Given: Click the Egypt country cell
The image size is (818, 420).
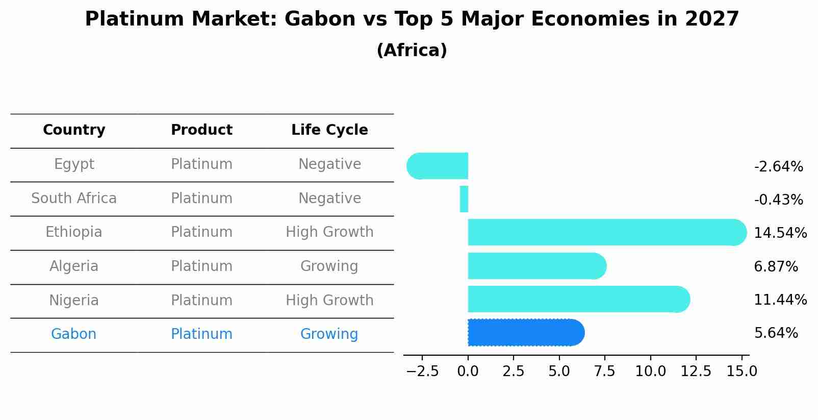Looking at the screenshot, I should [74, 164].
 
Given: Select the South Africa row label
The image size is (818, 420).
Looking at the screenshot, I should [74, 199].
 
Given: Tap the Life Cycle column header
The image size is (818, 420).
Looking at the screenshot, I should [329, 130].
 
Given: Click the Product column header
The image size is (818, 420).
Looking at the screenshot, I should [201, 130].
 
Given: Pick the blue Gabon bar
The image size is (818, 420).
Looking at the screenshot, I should [525, 333].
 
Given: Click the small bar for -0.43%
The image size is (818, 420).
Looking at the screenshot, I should [464, 199].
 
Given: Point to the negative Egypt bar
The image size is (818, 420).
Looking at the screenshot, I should [439, 166].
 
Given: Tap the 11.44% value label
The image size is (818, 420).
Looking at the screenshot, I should [780, 300].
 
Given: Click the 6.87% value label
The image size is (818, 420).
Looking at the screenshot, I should [776, 266].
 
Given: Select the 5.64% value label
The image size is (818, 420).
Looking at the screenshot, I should [776, 333].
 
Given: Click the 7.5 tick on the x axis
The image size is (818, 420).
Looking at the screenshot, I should [604, 372].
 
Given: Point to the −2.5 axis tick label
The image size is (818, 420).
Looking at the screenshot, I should [422, 372].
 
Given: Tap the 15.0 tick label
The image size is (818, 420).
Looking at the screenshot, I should [742, 372].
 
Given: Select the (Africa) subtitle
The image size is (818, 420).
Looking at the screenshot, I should [412, 51].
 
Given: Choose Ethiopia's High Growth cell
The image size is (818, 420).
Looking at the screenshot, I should [329, 232].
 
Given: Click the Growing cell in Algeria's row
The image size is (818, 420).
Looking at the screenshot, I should [329, 266].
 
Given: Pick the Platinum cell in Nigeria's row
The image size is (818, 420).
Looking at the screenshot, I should [201, 301].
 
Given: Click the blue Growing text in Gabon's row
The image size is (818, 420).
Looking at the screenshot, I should [329, 334].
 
